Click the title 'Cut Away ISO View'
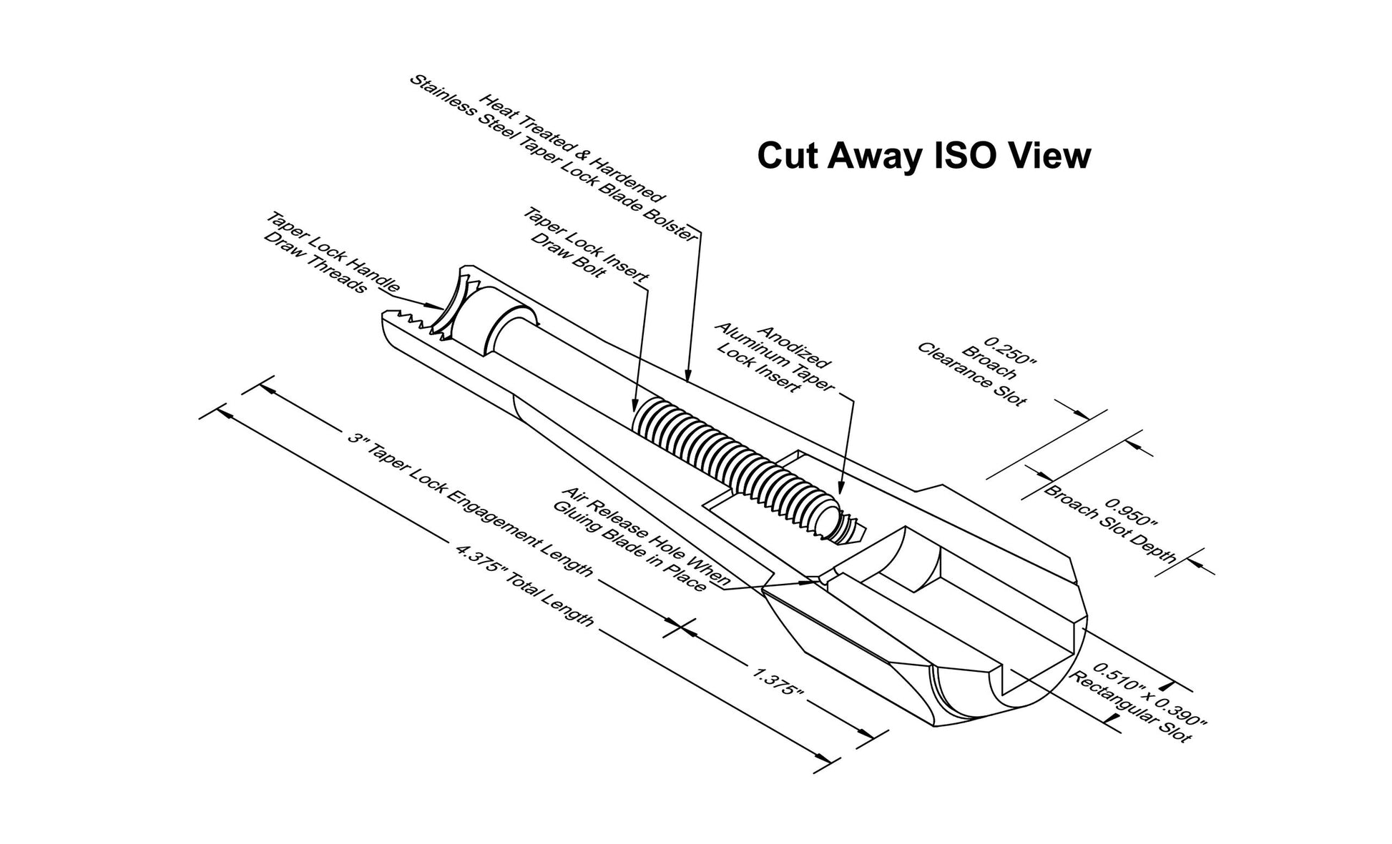923,156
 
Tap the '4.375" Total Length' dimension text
524,586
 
